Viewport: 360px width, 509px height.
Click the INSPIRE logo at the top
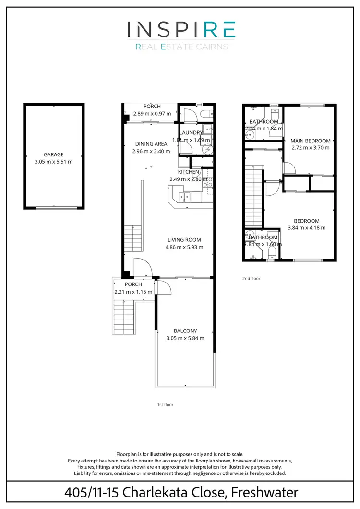click(x=181, y=30)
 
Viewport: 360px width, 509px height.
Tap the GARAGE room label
click(x=54, y=154)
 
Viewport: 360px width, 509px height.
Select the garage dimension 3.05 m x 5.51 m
click(x=54, y=162)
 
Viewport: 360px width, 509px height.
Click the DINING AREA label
click(x=151, y=144)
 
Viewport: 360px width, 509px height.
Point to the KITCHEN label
click(x=188, y=172)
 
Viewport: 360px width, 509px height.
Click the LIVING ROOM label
click(x=184, y=240)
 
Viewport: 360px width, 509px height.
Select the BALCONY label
click(x=185, y=331)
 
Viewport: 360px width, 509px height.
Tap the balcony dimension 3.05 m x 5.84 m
click(x=185, y=338)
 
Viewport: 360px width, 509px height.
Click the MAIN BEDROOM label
click(x=311, y=141)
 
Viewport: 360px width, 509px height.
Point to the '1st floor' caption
click(x=165, y=405)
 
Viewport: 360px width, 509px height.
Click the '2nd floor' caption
click(x=252, y=278)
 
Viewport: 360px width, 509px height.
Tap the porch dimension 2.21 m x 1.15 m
click(x=133, y=292)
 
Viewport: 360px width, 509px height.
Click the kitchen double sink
click(x=184, y=196)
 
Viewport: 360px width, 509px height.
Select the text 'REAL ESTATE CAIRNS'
click(x=181, y=47)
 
